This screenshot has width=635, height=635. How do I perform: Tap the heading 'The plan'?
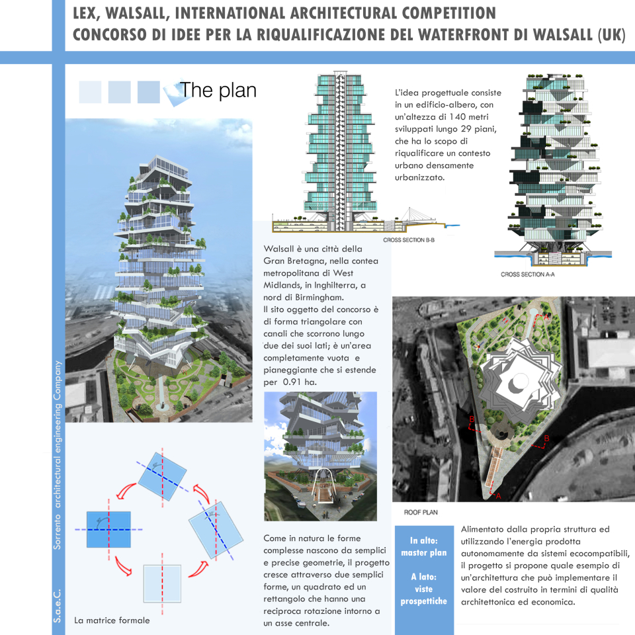point(218,90)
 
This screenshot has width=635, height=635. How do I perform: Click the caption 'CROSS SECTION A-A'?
point(527,274)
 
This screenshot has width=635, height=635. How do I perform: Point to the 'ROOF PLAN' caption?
point(421,512)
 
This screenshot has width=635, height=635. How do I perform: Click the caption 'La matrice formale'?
point(112,620)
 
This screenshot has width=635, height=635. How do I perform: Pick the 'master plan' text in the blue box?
point(424,552)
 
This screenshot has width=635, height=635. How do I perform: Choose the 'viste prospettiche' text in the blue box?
point(424,595)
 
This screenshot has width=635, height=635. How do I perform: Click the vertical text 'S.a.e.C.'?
point(58,605)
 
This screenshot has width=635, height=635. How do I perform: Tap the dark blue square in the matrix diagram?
point(108,529)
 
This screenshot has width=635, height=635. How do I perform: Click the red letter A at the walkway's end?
point(498,495)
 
